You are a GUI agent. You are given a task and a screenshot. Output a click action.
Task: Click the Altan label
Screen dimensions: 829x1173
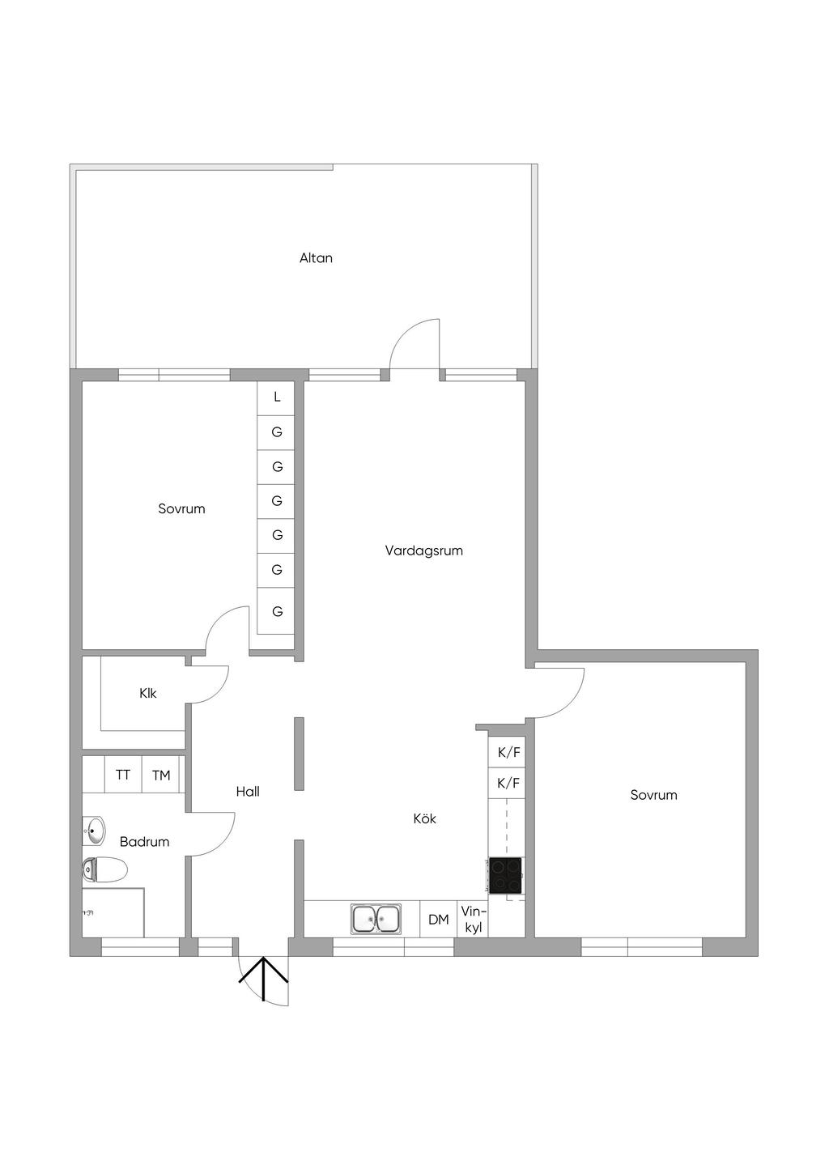click(x=316, y=257)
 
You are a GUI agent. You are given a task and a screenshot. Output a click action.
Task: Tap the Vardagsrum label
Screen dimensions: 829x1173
click(x=423, y=551)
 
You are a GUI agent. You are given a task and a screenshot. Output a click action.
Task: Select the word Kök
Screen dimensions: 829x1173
click(x=424, y=818)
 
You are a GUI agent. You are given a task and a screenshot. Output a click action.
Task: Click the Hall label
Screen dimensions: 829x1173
click(x=248, y=791)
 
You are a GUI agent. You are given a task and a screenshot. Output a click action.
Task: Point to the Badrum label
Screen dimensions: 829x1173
click(x=145, y=842)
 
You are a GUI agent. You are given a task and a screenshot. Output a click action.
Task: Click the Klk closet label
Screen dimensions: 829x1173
click(x=147, y=693)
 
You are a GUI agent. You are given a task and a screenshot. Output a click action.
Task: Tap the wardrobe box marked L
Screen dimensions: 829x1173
click(x=275, y=397)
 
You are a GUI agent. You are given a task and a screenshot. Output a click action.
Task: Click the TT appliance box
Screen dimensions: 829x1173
click(x=123, y=775)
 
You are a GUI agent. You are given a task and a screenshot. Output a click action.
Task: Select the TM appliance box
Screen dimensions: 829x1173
click(x=161, y=775)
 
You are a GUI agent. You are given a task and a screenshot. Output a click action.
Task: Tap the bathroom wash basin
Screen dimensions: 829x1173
click(x=94, y=831)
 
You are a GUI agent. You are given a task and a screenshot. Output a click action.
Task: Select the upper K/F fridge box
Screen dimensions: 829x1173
click(x=507, y=752)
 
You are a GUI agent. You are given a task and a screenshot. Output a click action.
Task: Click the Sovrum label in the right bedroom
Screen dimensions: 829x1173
click(x=653, y=795)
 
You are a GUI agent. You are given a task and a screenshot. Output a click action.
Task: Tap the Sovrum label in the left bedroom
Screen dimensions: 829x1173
click(x=181, y=508)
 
